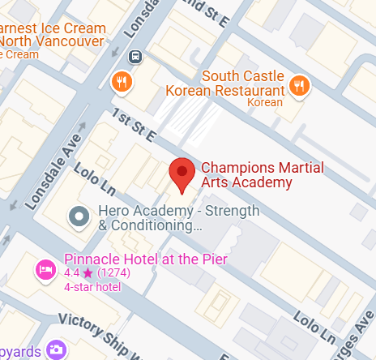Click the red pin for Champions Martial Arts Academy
pyautogui.click(x=182, y=173)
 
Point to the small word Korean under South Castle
pyautogui.click(x=264, y=103)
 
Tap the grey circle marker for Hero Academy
pyautogui.click(x=79, y=216)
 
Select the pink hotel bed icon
pyautogui.click(x=45, y=268)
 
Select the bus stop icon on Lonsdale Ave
pyautogui.click(x=135, y=57)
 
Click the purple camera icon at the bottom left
pyautogui.click(x=56, y=349)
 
